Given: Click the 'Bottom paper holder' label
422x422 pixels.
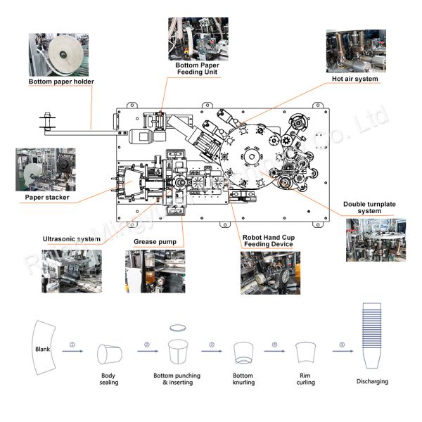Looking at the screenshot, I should coord(61,82).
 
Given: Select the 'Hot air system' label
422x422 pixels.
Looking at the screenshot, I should coord(355,79).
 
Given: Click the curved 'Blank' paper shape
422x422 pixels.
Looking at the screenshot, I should coord(44,348).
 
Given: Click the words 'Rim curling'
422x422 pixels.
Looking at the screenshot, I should coord(305,379).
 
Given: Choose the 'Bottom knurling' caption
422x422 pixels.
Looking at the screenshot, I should coord(243,379).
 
